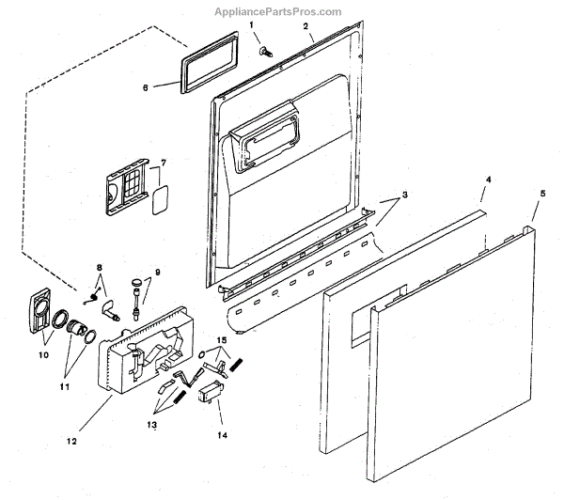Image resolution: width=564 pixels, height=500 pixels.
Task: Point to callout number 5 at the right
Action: point(541,193)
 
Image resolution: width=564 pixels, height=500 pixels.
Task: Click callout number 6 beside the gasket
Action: point(146,87)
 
